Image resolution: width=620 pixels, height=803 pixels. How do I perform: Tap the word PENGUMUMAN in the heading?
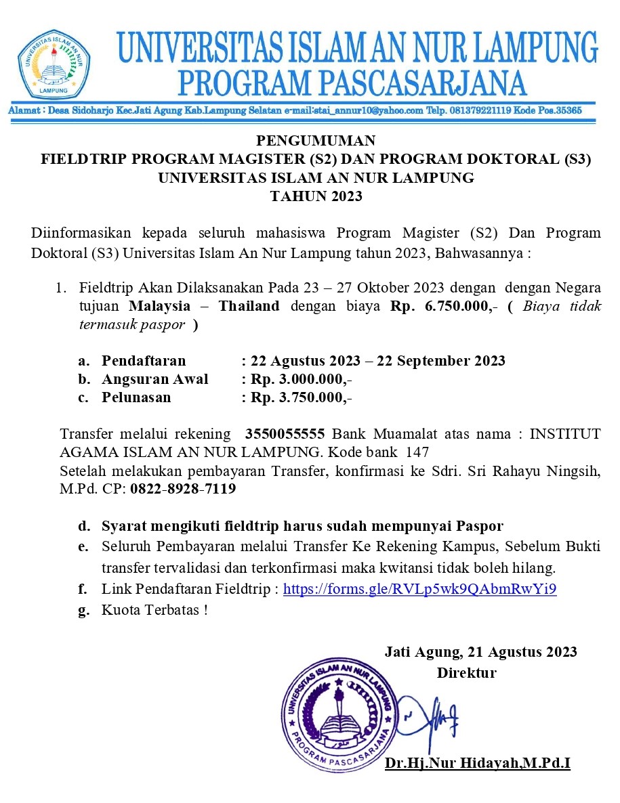click(316, 141)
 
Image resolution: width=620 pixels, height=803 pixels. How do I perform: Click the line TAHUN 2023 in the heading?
click(316, 197)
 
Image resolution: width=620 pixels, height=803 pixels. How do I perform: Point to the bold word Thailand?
click(249, 306)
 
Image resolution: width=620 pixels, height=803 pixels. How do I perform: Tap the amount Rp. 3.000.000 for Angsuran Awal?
click(300, 379)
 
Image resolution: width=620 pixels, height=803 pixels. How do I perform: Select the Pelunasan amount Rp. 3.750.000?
click(300, 397)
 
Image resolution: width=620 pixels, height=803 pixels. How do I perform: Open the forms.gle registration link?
click(419, 589)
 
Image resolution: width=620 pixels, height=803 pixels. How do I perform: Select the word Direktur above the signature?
click(466, 673)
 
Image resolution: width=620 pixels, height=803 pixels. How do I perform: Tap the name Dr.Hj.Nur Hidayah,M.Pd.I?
click(478, 764)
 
